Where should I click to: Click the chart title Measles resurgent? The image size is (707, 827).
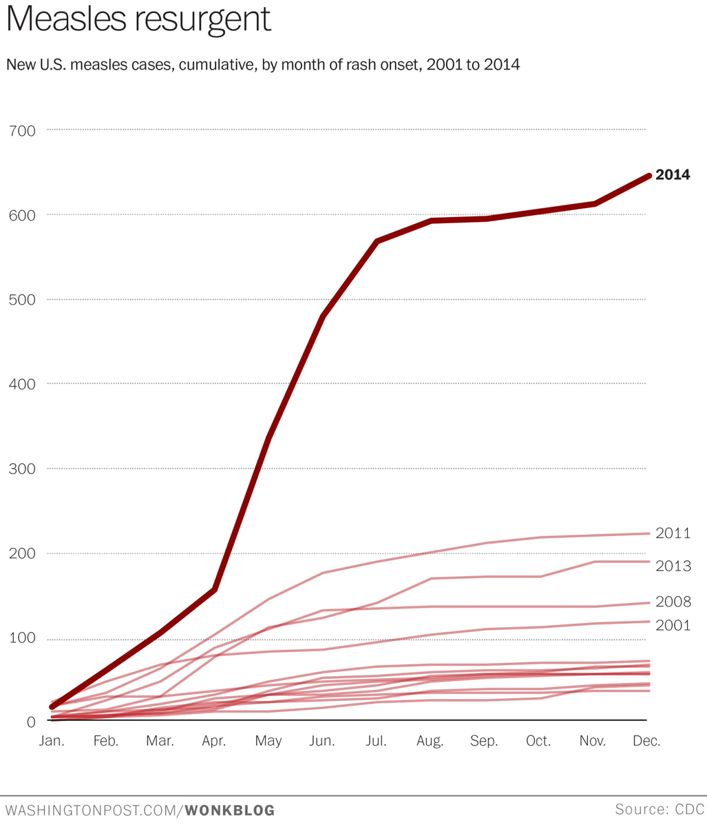point(138,21)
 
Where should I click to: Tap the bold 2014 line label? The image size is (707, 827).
point(673,175)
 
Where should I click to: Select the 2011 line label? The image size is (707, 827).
point(673,533)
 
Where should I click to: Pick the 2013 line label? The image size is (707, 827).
point(673,566)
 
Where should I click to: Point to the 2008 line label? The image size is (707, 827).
point(673,602)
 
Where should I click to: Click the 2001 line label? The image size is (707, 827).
point(673,626)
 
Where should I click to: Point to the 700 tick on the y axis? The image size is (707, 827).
point(23,130)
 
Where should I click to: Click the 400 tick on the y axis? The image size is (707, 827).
point(23,385)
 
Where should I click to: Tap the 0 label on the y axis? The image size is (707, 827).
point(30,722)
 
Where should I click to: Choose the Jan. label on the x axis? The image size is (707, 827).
point(52,742)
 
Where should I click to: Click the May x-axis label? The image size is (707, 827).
point(268,742)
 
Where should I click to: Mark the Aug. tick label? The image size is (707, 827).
point(430,742)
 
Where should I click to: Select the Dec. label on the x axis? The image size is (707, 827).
point(646,742)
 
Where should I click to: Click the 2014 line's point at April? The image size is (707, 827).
point(215,590)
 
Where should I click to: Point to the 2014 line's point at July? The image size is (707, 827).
point(377,241)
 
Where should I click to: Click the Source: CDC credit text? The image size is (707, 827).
point(659,809)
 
